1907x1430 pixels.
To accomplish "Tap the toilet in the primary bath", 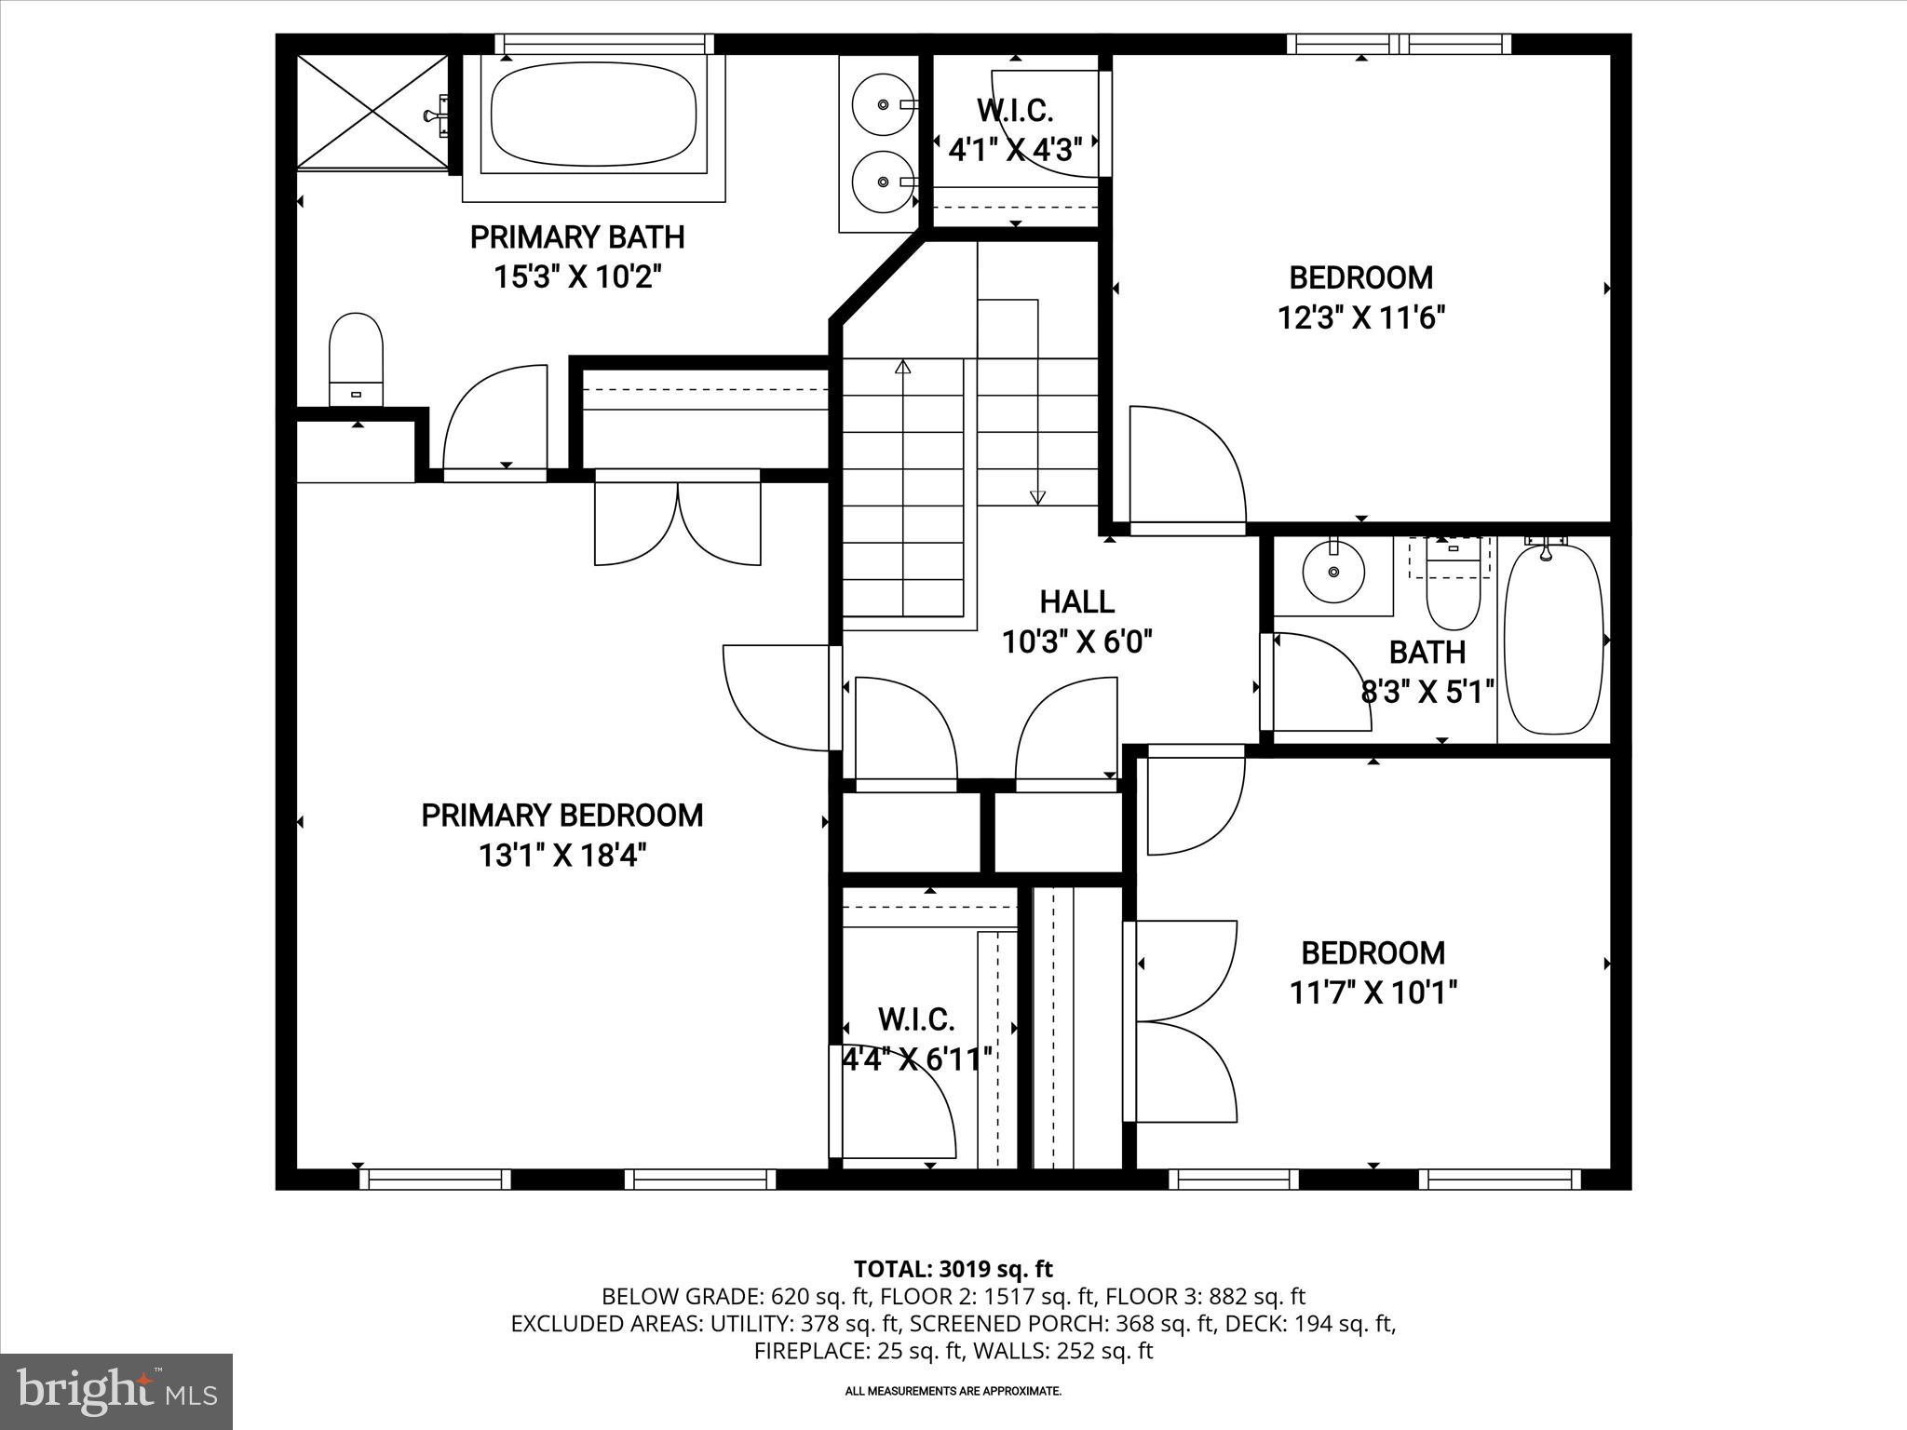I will point(357,359).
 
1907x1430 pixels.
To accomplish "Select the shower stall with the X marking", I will point(372,112).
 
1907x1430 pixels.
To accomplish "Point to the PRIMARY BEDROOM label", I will point(561,816).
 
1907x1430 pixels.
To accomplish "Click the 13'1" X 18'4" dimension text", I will point(561,856).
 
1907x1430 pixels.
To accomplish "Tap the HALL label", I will point(1076,601).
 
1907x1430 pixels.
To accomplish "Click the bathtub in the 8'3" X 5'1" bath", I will point(1554,640).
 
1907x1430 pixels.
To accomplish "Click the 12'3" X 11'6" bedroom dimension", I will point(1360,318).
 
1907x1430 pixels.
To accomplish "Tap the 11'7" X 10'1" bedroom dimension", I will point(1373,993).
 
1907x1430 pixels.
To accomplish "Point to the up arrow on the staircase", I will point(901,367).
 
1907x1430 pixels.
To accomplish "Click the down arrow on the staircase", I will point(1037,497).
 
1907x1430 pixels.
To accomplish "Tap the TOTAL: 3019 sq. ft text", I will point(953,1269).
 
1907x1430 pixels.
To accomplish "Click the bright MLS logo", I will point(116,1391).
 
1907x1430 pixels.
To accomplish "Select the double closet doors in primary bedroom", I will point(678,521).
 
